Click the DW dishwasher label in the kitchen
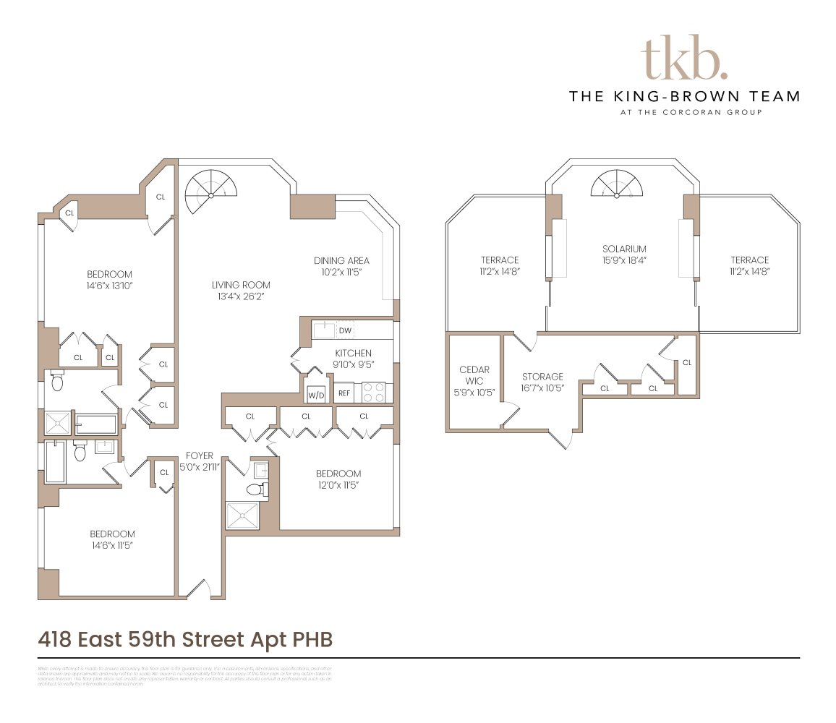(345, 331)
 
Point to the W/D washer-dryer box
(316, 395)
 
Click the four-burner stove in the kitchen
(373, 392)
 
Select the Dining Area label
(341, 260)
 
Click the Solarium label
(624, 249)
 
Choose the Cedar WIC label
(474, 375)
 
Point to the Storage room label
(542, 377)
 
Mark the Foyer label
(200, 455)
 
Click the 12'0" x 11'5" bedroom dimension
(338, 485)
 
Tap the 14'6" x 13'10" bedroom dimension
(109, 286)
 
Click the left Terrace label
(500, 260)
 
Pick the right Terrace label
(749, 260)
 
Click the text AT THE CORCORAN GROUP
(683, 112)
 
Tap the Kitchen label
(353, 353)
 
